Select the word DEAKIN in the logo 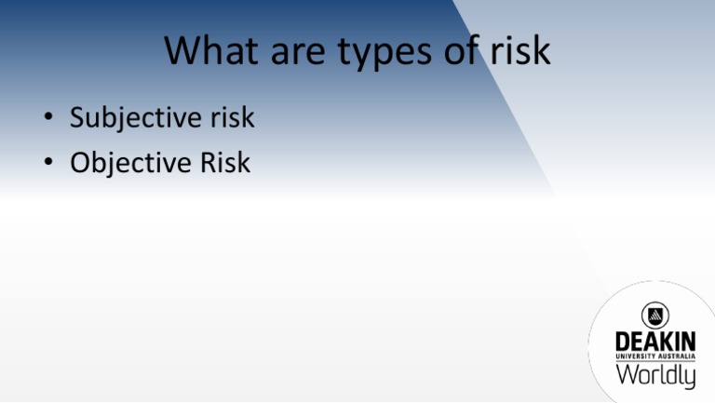pos(654,342)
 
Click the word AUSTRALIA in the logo pos(678,357)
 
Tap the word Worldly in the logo pos(654,376)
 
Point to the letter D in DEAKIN pos(622,342)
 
